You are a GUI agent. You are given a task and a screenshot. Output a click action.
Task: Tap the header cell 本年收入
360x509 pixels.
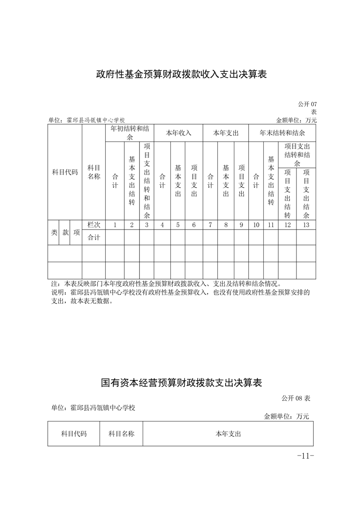pyautogui.click(x=178, y=133)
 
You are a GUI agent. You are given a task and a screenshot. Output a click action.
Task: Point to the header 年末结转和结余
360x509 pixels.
pyautogui.click(x=282, y=133)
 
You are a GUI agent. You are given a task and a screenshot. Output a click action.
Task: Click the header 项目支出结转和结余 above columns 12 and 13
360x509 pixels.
pyautogui.click(x=297, y=155)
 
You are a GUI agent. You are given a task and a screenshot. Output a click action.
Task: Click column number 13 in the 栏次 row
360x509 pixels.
pyautogui.click(x=306, y=225)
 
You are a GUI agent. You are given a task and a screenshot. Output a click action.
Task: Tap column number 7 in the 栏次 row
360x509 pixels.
pyautogui.click(x=210, y=225)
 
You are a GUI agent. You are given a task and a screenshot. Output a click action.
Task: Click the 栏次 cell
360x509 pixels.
pyautogui.click(x=94, y=225)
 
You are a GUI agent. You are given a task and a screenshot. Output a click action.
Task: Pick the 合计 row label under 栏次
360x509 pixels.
pyautogui.click(x=94, y=237)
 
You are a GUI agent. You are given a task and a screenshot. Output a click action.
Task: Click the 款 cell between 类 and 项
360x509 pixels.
pyautogui.click(x=65, y=232)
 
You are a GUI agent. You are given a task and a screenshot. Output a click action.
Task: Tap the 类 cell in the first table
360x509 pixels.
pyautogui.click(x=54, y=232)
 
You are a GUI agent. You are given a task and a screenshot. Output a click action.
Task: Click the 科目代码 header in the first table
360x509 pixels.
pyautogui.click(x=65, y=172)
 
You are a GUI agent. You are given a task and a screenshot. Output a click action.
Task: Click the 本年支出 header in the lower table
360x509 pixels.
pyautogui.click(x=228, y=434)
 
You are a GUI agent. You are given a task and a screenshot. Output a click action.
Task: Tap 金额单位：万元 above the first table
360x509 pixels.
pyautogui.click(x=296, y=120)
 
